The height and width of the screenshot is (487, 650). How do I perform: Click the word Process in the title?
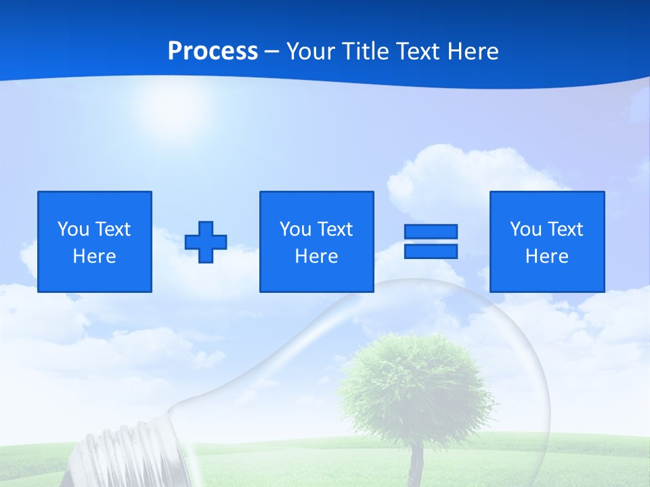point(213,51)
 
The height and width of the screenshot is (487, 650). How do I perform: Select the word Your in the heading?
point(312,51)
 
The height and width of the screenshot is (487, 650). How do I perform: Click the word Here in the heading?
point(471,51)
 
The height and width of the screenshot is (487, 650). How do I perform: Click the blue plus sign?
point(206,241)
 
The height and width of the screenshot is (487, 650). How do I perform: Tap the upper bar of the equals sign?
point(431,231)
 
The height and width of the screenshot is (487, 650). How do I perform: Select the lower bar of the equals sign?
point(431,251)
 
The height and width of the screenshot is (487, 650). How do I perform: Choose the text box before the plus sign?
point(95,241)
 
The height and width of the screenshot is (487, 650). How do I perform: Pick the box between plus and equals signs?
point(316,241)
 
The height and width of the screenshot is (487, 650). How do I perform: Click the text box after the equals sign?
point(546,241)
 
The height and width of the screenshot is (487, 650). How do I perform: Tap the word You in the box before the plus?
point(73,229)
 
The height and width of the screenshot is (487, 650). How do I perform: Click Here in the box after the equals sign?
point(546,256)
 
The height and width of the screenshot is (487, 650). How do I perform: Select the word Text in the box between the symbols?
point(334,229)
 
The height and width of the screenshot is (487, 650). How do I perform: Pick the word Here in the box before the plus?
point(95,256)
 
